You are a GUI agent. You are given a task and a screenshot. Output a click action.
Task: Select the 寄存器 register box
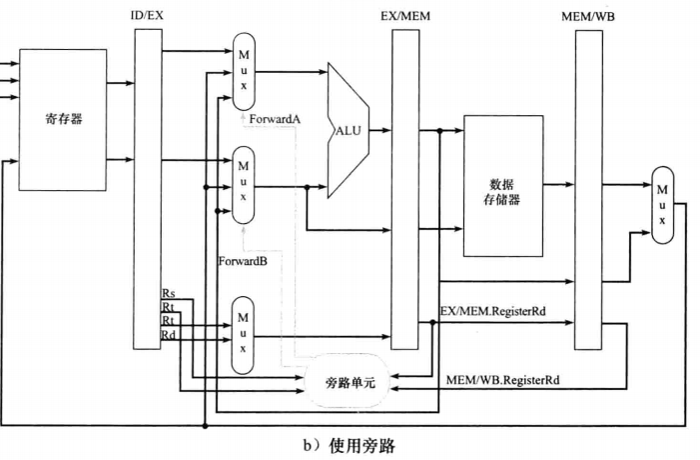click(63, 119)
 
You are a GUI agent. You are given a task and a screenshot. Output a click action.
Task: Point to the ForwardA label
click(275, 119)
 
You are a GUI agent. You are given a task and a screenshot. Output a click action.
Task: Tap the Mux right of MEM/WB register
click(661, 205)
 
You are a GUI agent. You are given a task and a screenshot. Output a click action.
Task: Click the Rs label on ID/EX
click(169, 293)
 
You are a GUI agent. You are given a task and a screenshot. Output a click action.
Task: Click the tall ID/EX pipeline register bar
click(147, 190)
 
